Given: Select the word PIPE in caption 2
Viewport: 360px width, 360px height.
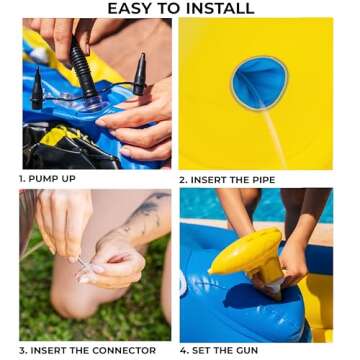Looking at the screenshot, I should point(259,179).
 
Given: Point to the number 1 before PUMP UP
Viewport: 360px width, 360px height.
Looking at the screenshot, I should point(22,179).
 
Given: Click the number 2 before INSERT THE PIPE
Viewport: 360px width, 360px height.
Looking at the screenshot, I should point(183,179).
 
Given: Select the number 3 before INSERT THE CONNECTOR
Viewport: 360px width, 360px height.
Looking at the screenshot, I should point(22,350).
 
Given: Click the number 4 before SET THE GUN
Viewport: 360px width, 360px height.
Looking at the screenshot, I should point(184,350).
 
